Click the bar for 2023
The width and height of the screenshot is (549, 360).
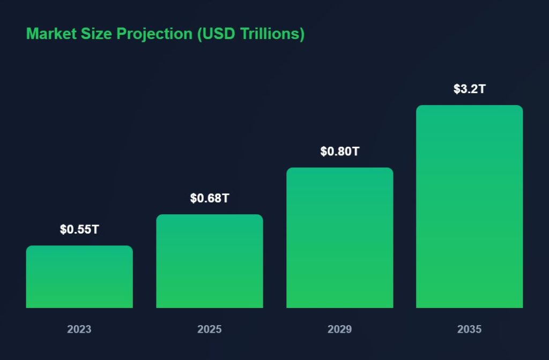tap(79, 277)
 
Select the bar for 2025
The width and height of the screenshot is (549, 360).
tap(210, 261)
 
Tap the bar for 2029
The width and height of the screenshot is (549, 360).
tap(340, 238)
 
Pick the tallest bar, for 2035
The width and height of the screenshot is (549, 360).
tap(470, 207)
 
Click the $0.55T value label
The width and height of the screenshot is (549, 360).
tap(79, 230)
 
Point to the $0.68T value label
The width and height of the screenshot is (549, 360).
tap(210, 198)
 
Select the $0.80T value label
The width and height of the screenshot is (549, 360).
tap(340, 152)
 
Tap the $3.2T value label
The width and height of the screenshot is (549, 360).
tap(470, 89)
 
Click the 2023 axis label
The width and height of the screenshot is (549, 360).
tap(79, 329)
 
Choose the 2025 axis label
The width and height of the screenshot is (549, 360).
tap(210, 329)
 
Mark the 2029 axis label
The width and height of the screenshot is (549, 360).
tap(340, 329)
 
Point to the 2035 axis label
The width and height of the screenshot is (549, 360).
tap(470, 329)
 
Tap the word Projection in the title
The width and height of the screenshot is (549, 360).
tap(155, 34)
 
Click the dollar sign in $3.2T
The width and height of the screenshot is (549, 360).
tap(457, 89)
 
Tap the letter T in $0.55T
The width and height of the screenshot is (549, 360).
tap(95, 230)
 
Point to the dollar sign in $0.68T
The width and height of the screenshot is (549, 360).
tap(193, 198)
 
